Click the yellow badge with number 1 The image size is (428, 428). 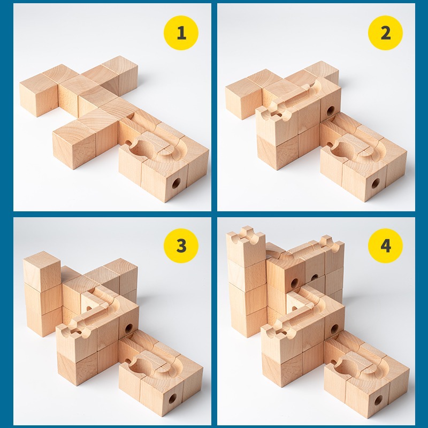tap(181, 33)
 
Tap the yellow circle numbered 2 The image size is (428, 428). tap(385, 33)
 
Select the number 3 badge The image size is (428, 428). tap(181, 246)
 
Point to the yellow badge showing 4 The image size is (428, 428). tap(385, 246)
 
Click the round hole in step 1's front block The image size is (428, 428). tap(176, 184)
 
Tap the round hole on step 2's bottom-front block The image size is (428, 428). tap(376, 184)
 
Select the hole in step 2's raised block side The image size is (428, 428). tap(330, 111)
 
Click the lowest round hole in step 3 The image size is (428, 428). tap(172, 399)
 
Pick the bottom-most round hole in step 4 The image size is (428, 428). tap(378, 401)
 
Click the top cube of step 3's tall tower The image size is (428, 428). tap(42, 271)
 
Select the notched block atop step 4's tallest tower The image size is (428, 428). tap(246, 246)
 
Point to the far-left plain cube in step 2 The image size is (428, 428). tap(243, 98)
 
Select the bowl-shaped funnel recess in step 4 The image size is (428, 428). tap(347, 365)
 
